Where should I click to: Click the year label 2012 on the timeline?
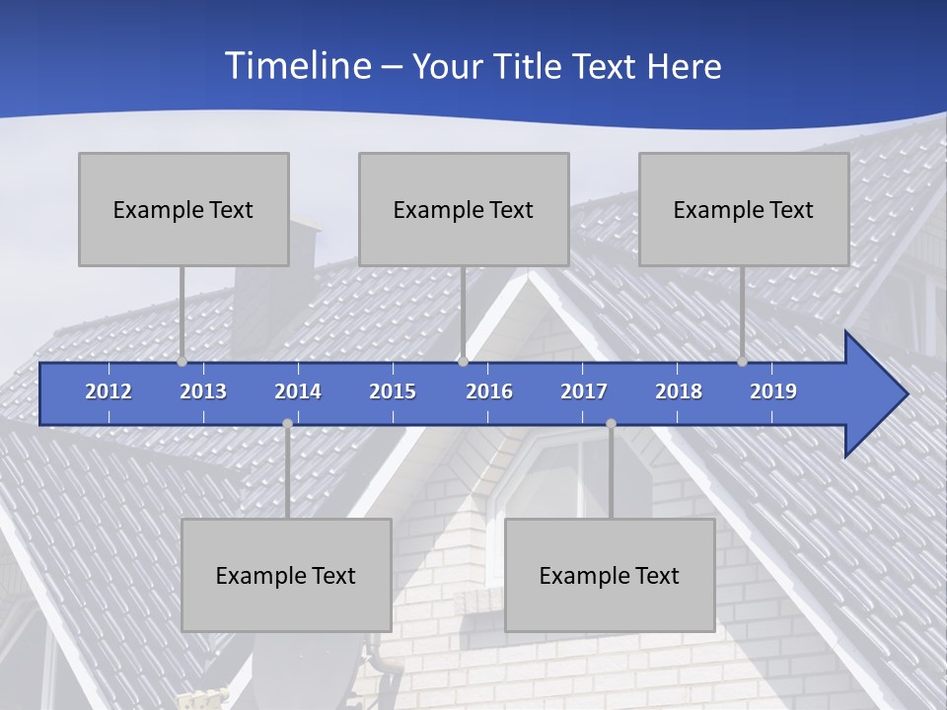pos(109,391)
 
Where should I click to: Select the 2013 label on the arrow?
pos(203,391)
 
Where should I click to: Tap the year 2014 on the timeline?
pos(298,391)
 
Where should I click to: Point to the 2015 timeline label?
pos(393,391)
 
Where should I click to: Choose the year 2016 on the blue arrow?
pos(489,391)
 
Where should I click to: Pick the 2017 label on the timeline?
pos(584,391)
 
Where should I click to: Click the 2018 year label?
pos(679,391)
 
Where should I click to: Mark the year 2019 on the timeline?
pos(773,391)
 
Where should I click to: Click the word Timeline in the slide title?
pos(296,66)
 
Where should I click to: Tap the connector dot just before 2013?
pos(182,362)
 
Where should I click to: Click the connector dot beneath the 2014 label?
pos(287,423)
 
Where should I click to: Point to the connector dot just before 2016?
pos(463,362)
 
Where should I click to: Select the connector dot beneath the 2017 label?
pos(611,423)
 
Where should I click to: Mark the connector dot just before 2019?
pos(743,362)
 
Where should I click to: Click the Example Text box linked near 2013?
pos(183,209)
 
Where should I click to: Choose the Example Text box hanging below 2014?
pos(286,575)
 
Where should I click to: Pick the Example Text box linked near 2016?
pos(464,209)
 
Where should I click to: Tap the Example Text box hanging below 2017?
pos(610,575)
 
